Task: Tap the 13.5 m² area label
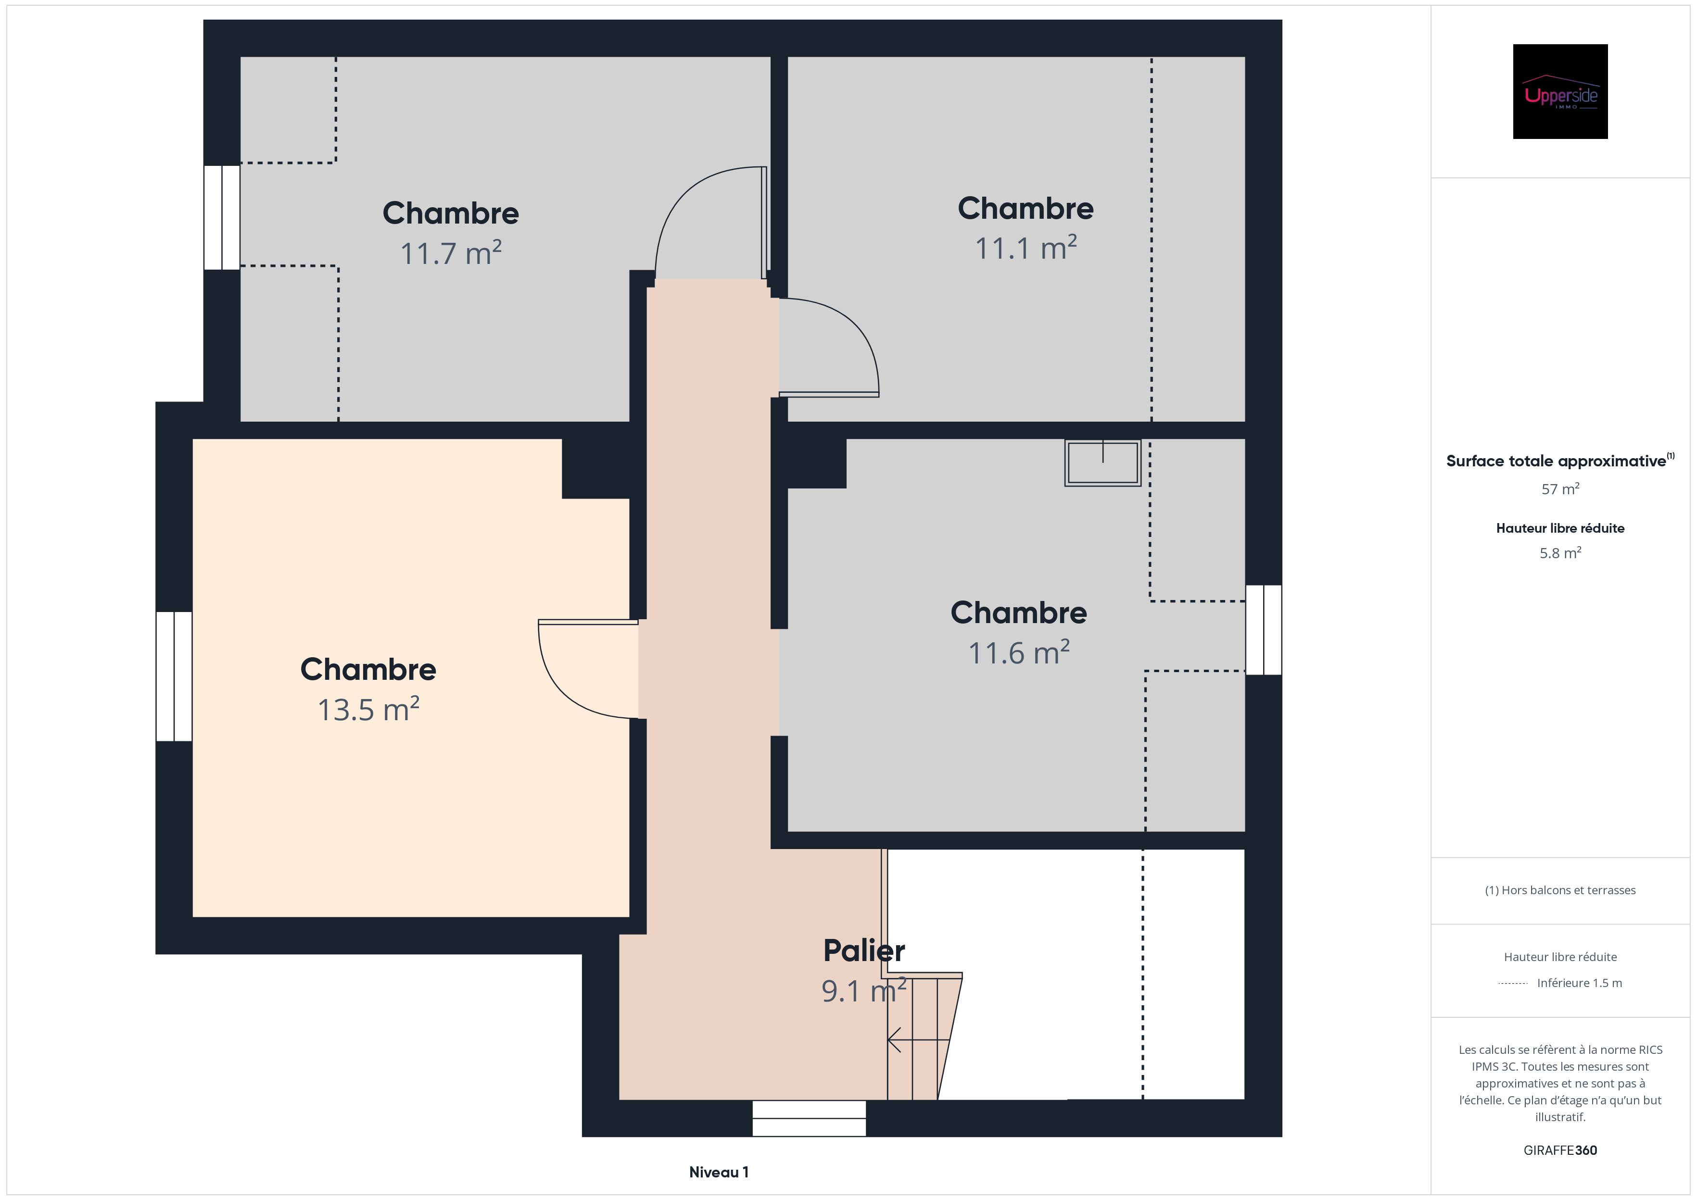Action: click(368, 709)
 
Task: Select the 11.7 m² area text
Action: click(450, 253)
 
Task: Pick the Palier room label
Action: click(863, 951)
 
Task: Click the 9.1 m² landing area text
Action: click(863, 991)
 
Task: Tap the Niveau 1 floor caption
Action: click(719, 1172)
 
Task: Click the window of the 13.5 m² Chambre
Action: click(175, 676)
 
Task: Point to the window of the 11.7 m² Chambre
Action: click(222, 217)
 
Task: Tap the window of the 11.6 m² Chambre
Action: click(1263, 629)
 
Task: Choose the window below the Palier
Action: click(809, 1118)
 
